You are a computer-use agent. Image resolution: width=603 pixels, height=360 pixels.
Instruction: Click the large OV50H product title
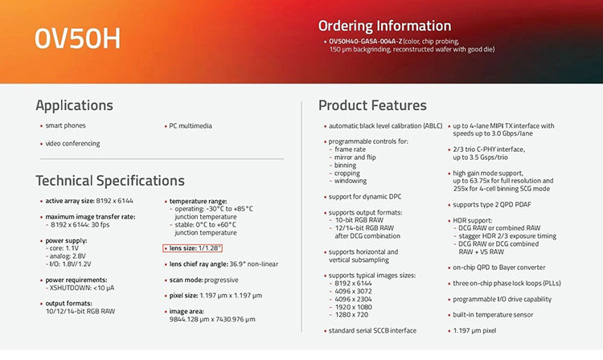(77, 39)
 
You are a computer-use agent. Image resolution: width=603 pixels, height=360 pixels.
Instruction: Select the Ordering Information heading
(384, 27)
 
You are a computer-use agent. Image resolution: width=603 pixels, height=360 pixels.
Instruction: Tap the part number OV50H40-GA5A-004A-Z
(365, 41)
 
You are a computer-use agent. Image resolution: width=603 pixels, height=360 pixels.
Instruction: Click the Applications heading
(74, 105)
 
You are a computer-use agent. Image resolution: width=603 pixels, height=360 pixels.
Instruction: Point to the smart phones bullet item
(65, 125)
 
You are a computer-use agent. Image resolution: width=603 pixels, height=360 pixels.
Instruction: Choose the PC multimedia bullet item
(191, 126)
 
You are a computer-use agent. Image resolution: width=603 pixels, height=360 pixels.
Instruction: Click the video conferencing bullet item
(72, 144)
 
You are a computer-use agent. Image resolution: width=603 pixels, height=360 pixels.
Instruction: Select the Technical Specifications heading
(110, 181)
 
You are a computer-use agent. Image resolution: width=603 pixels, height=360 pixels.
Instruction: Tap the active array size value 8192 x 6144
(115, 201)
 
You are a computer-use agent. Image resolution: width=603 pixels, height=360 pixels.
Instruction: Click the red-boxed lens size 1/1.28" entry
(193, 248)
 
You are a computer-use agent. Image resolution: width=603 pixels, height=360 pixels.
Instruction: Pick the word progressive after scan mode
(221, 280)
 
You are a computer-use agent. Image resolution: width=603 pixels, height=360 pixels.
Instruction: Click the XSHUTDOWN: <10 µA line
(81, 288)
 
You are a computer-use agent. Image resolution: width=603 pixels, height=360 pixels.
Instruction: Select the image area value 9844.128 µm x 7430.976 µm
(212, 319)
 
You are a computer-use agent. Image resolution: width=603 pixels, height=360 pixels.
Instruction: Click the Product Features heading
(372, 105)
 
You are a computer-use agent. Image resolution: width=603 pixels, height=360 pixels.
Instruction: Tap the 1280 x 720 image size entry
(351, 315)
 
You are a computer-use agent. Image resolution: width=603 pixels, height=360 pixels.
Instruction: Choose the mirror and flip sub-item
(355, 157)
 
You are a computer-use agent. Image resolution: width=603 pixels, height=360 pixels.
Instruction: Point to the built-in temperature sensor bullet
(493, 315)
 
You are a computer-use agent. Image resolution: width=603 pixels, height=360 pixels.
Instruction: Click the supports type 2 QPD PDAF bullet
(491, 205)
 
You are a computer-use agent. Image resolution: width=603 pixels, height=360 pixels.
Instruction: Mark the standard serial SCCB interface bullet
(372, 331)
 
